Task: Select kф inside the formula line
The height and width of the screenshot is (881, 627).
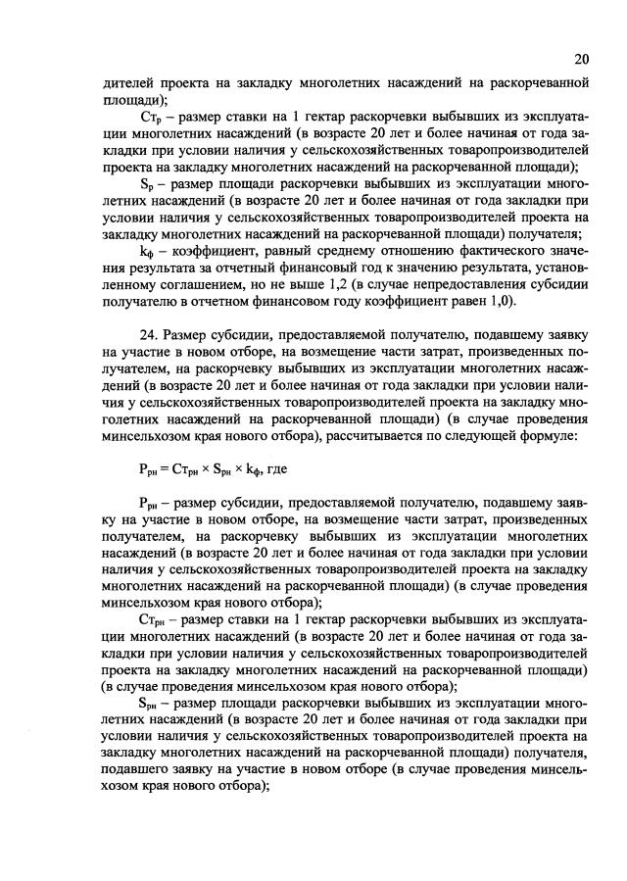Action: tap(249, 467)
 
